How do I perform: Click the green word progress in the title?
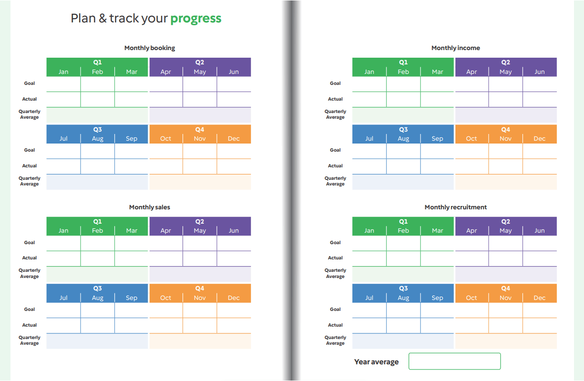[196, 19]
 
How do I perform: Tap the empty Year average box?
[454, 361]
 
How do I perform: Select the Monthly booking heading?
[150, 48]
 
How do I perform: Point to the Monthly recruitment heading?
[455, 207]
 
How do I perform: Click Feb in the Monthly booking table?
[98, 72]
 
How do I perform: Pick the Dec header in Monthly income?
[539, 139]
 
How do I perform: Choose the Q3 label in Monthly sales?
[98, 288]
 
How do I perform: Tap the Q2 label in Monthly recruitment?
[505, 222]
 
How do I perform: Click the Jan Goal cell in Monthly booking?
[64, 84]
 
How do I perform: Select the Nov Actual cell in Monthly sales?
[200, 325]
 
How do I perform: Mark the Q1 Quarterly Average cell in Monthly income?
[403, 115]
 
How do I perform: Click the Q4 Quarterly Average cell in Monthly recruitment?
[506, 341]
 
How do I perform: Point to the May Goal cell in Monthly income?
[505, 84]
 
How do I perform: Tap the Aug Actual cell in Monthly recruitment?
[403, 325]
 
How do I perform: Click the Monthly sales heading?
[150, 207]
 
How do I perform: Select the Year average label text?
[376, 362]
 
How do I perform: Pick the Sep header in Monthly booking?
[131, 139]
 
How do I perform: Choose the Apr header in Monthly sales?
[166, 231]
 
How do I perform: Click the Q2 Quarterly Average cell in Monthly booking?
[200, 115]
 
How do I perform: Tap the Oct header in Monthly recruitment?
[472, 298]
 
